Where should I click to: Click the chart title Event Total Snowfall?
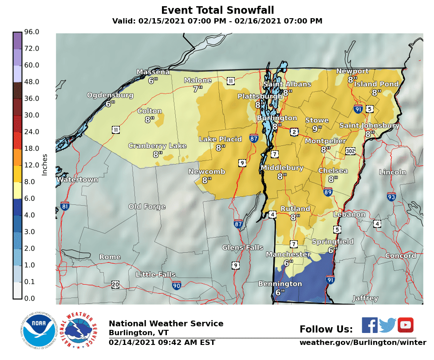pyautogui.click(x=217, y=10)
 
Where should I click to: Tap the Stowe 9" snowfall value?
pyautogui.click(x=317, y=129)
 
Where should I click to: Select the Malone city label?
pyautogui.click(x=198, y=80)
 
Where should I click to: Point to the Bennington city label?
pyautogui.click(x=280, y=284)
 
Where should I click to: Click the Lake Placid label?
pyautogui.click(x=220, y=139)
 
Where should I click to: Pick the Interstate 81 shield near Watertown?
pyautogui.click(x=65, y=206)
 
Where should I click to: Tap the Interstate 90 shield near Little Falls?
pyautogui.click(x=177, y=285)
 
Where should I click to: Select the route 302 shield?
pyautogui.click(x=351, y=151)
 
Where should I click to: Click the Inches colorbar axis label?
pyautogui.click(x=44, y=165)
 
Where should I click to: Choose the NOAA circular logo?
pyautogui.click(x=39, y=331)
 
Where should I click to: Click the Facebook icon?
pyautogui.click(x=370, y=325)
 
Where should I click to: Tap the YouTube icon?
pyautogui.click(x=405, y=325)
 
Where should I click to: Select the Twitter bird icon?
pyautogui.click(x=387, y=325)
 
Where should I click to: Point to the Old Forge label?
pyautogui.click(x=147, y=207)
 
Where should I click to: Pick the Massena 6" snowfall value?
pyautogui.click(x=153, y=81)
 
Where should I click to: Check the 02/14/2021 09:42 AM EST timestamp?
pyautogui.click(x=162, y=342)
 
